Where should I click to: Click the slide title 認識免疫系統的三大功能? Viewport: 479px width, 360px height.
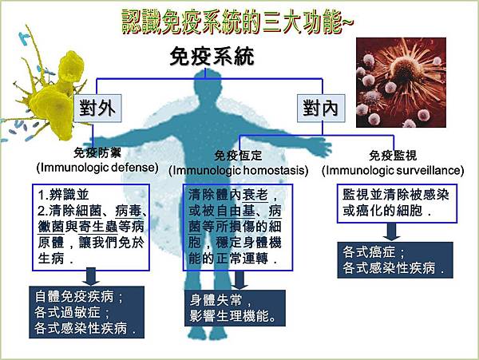point(237,22)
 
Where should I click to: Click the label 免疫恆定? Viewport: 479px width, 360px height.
point(239,156)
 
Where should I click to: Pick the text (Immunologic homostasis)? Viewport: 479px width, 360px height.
point(239,171)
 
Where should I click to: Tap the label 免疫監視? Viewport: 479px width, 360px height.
point(392,156)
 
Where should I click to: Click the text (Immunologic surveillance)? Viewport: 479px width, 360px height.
point(392,171)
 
